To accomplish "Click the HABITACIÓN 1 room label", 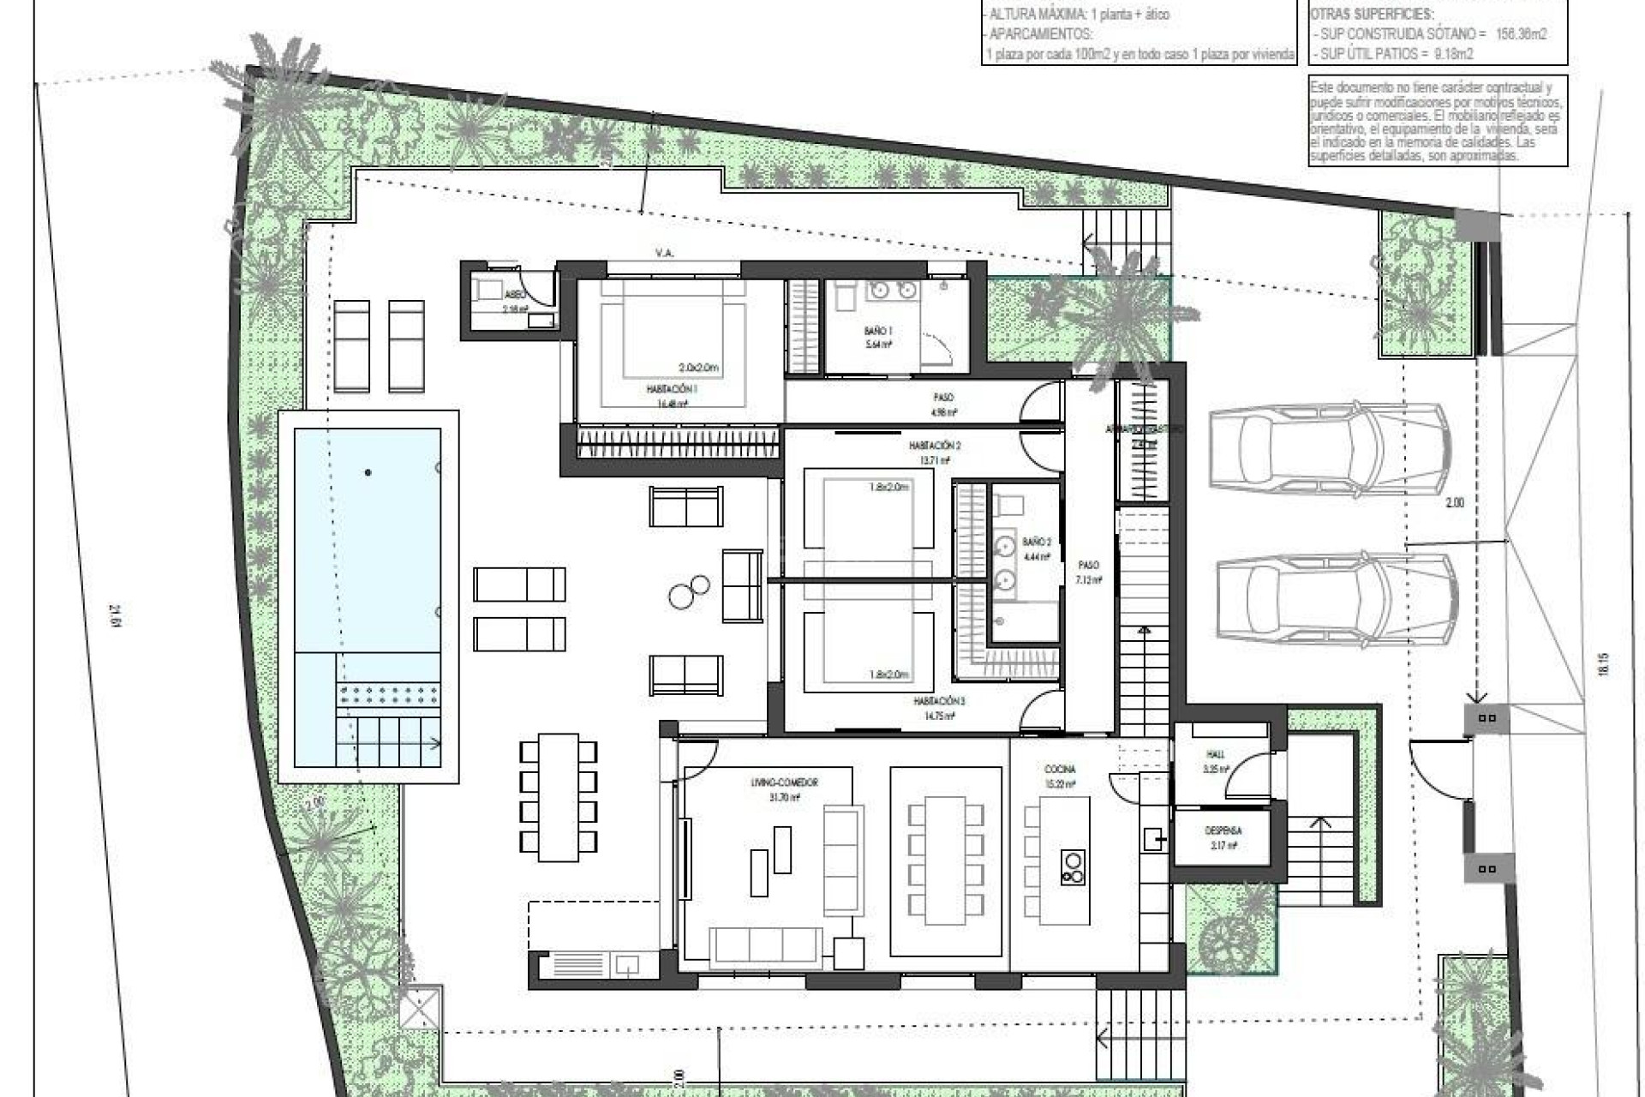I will coord(672,388).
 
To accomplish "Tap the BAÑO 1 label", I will coord(878,330).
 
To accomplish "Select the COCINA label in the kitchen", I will coord(1060,770).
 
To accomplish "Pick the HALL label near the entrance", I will coord(1215,754).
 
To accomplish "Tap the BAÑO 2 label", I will coord(1036,542).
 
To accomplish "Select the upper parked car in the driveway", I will coord(1329,451).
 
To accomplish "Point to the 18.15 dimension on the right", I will coord(1603,664).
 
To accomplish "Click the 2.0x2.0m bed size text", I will coord(698,368).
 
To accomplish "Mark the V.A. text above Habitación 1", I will coord(664,253).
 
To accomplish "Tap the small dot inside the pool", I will coord(368,472).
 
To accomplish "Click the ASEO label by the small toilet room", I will coord(515,294).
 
